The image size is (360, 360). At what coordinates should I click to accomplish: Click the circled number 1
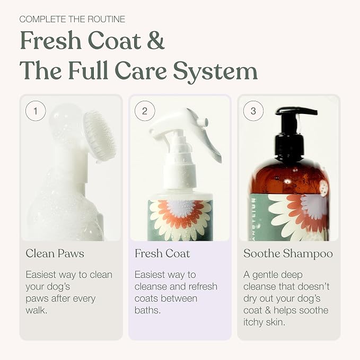(36, 111)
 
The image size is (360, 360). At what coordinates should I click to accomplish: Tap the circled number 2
(145, 111)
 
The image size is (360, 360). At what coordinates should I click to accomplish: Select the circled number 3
(253, 111)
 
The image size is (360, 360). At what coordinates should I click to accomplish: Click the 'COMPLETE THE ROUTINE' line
(72, 19)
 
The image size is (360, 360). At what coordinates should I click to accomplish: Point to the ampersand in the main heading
(156, 40)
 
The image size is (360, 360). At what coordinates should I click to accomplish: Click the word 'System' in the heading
(215, 71)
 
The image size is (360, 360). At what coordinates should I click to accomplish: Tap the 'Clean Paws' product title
(55, 253)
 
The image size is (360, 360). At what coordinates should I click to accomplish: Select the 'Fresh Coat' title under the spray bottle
(162, 253)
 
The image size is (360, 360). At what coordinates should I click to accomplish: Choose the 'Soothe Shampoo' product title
(288, 254)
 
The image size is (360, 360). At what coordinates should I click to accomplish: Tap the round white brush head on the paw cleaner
(100, 136)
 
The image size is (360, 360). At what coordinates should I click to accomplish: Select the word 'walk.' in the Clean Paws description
(37, 310)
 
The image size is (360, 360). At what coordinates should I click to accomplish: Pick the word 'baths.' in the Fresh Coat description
(147, 310)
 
